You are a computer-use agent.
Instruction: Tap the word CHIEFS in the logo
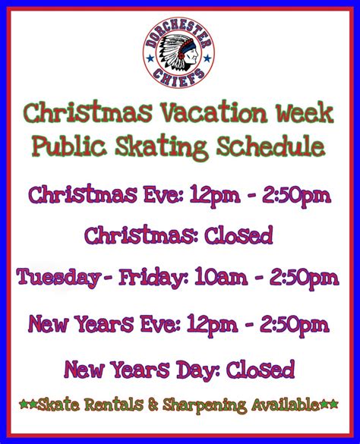pos(178,77)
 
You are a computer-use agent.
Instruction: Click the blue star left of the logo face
pos(150,58)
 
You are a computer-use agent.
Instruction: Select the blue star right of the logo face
pos(207,58)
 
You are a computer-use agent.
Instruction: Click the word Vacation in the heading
pos(214,112)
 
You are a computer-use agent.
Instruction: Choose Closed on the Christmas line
pos(238,235)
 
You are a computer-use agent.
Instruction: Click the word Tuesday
pos(58,278)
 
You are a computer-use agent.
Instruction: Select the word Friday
pos(153,278)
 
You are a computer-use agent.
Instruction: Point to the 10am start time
pos(221,277)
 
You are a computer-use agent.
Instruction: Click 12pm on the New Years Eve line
pos(213,326)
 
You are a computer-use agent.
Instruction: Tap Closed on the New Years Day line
pos(261,370)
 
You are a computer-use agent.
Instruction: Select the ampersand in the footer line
pos(153,405)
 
